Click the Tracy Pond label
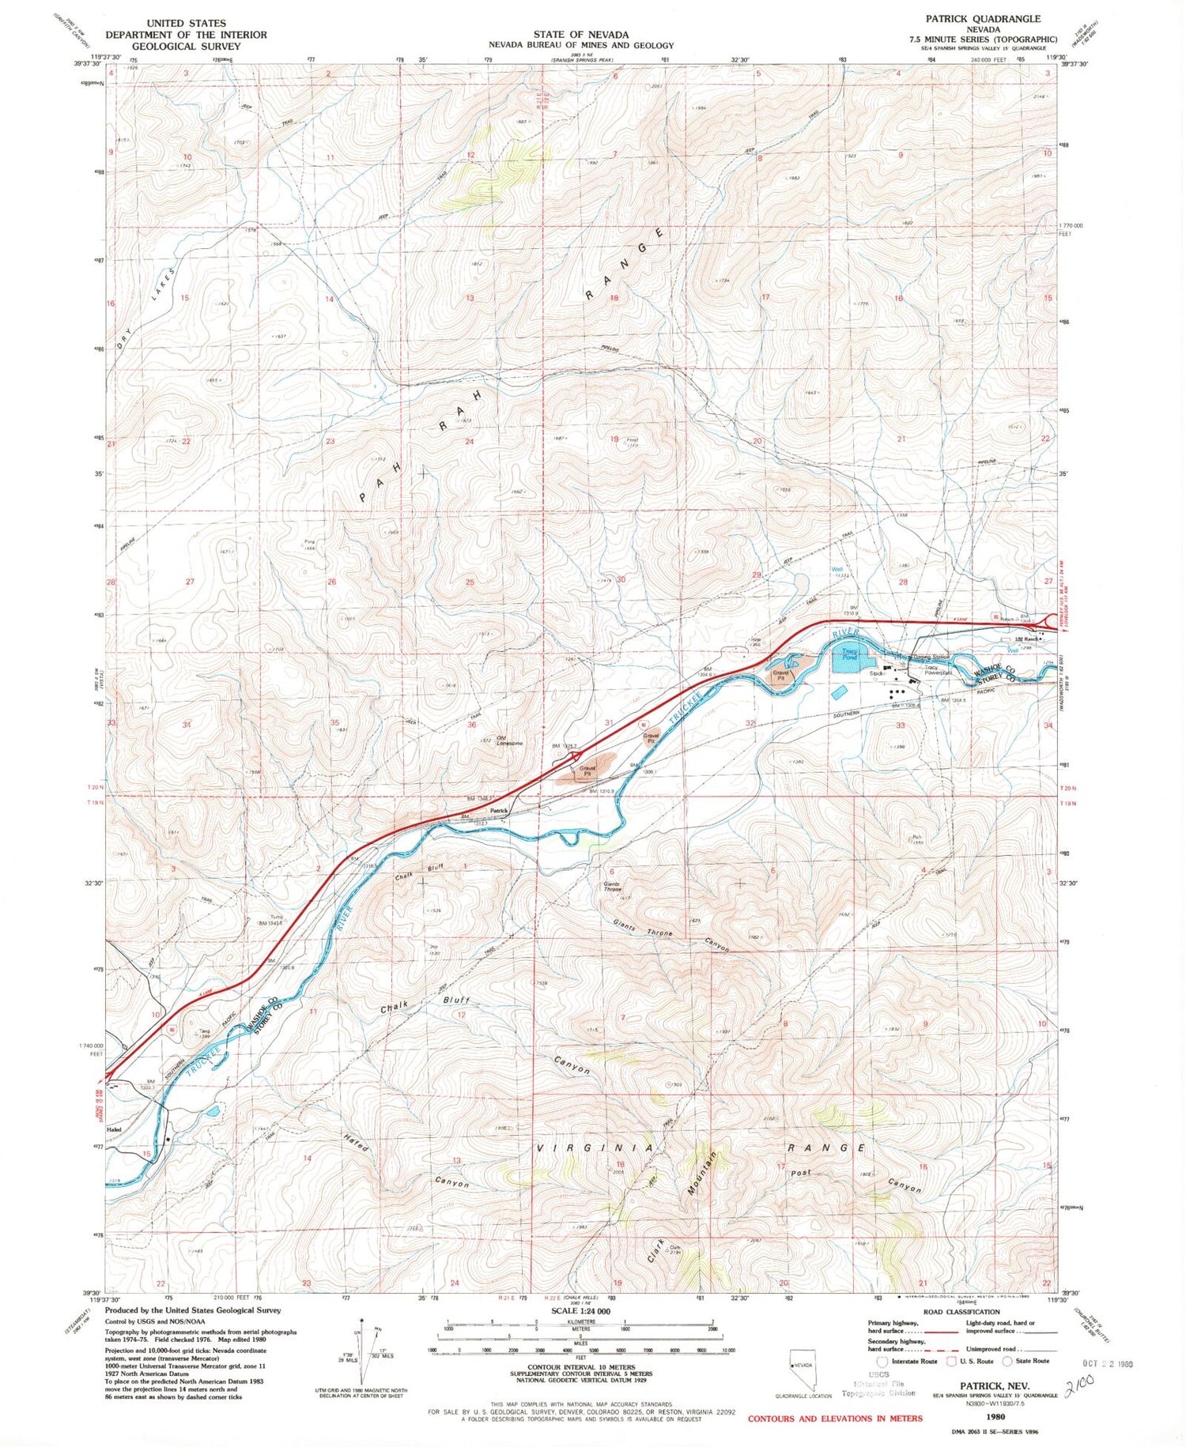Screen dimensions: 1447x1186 849,655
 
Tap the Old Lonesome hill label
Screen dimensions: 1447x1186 509,740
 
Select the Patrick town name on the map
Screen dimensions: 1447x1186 498,811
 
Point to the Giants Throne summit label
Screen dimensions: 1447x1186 612,887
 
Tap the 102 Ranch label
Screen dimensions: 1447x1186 1025,639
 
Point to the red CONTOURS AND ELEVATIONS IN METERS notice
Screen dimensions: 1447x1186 835,1418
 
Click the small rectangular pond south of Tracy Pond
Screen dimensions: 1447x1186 838,692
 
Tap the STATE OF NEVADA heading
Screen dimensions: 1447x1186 580,34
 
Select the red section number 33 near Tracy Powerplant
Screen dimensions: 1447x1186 900,725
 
